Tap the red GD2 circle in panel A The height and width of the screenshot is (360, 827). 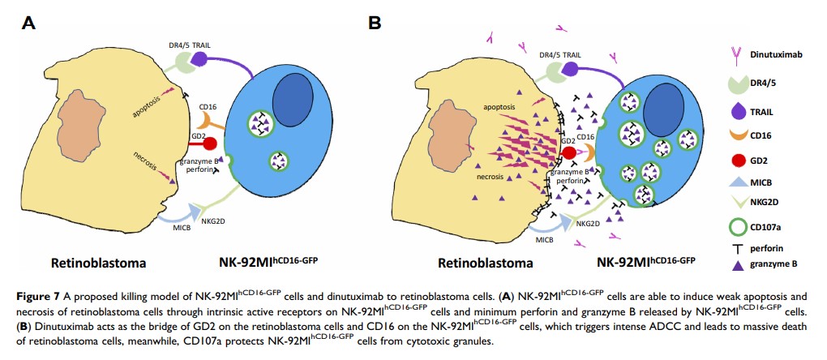click(x=209, y=144)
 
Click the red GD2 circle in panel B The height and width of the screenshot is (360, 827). click(x=568, y=152)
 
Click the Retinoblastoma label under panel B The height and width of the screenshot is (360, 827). click(x=485, y=263)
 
